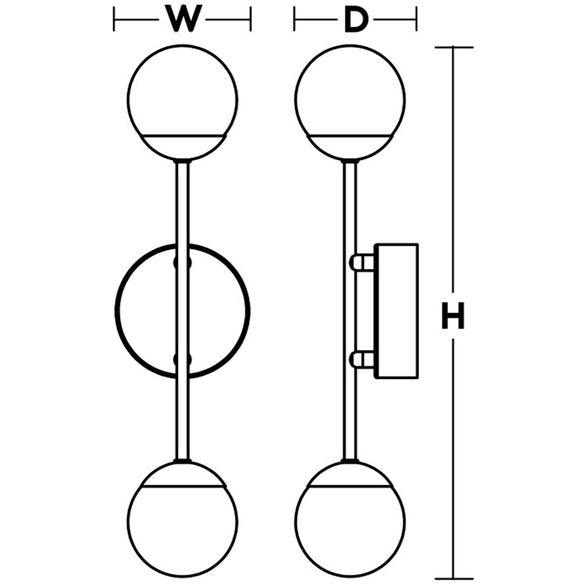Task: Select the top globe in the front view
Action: point(182,95)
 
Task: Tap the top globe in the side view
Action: point(350,95)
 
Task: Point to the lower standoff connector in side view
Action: point(362,360)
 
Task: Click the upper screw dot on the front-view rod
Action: point(183,262)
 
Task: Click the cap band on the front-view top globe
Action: point(183,147)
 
